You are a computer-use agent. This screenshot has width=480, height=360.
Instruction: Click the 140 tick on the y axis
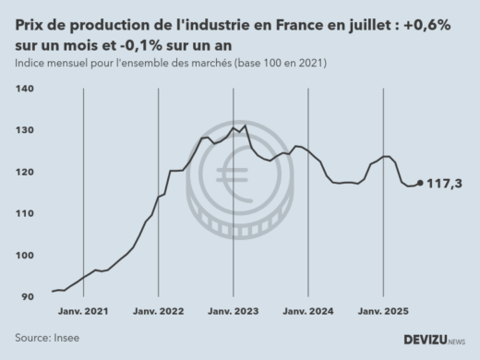pos(25,89)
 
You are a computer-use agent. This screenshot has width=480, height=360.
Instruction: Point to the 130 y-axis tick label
pos(25,130)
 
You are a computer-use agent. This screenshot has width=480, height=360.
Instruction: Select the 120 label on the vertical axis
pos(25,172)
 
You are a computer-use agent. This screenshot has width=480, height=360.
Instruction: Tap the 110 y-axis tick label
pos(25,213)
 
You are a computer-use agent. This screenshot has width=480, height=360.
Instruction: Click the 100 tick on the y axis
pos(25,256)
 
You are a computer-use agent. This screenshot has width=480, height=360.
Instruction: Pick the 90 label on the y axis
pos(27,297)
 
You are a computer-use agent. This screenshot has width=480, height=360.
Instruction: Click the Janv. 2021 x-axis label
pos(84,311)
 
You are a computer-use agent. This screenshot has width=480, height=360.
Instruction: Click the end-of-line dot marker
pos(421,183)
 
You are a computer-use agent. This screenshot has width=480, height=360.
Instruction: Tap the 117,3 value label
pos(446,184)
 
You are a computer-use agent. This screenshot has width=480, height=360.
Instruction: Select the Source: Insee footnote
pos(47,338)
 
